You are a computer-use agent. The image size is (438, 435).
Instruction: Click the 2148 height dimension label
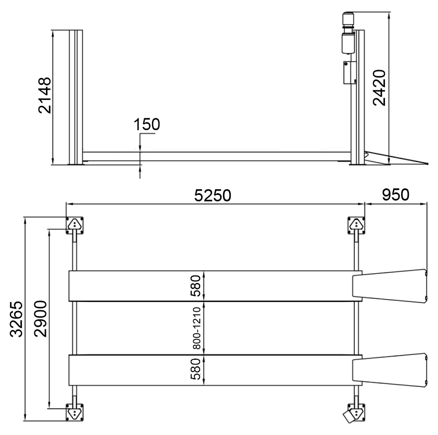tap(45, 95)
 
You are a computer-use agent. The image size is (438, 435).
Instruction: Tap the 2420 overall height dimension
tap(379, 88)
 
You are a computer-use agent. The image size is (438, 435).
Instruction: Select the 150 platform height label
tap(147, 124)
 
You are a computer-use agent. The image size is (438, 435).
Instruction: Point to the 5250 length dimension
tap(212, 195)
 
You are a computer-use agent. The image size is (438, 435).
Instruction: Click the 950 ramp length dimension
tap(396, 195)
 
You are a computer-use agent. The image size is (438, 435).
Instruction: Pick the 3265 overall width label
tap(16, 319)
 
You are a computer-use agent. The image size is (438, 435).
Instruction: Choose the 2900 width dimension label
tap(40, 318)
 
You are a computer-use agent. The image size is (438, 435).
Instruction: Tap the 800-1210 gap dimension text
tap(197, 328)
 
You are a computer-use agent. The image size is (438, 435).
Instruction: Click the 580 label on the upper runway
tap(195, 286)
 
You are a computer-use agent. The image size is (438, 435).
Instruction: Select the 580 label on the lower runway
tap(195, 369)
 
